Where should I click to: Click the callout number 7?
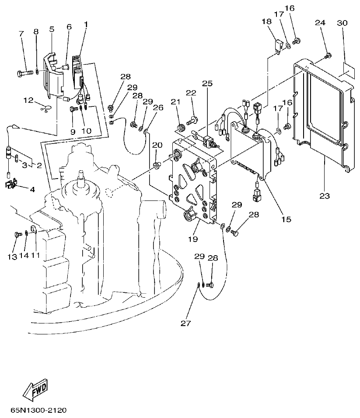tap(21, 34)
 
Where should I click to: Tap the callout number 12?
tap(28, 101)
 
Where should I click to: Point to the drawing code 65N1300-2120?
tap(38, 411)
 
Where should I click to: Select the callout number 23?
tap(324, 196)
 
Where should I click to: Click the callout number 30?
tap(343, 23)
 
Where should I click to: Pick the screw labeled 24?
tap(329, 55)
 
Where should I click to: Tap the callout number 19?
tap(193, 239)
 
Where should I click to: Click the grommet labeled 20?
tap(156, 165)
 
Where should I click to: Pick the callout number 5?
tap(52, 30)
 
